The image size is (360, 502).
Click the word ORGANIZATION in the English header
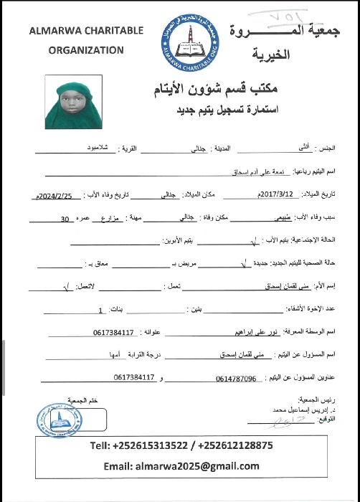point(86,50)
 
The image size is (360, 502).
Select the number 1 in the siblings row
point(100,311)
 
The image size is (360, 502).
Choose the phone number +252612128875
point(234,445)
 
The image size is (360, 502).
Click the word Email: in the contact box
point(123,465)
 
